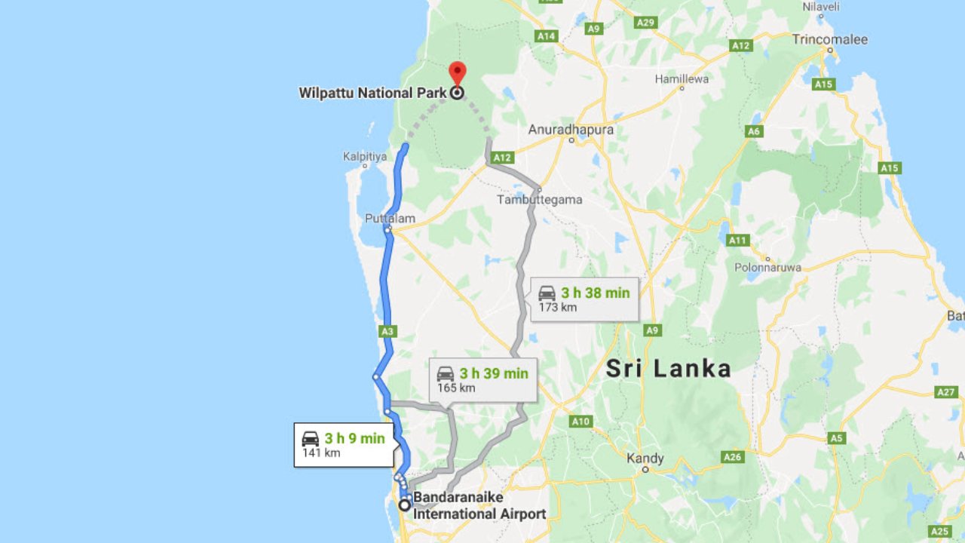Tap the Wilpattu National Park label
[373, 94]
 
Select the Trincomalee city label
[829, 39]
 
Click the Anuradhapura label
[571, 130]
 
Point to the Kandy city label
[645, 458]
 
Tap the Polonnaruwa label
[767, 268]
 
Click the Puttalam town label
[390, 219]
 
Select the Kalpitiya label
[364, 156]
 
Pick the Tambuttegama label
[540, 200]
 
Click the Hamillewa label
[682, 78]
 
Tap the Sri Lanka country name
[669, 369]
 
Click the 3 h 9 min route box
[344, 445]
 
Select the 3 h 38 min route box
[584, 299]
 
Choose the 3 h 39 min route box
[483, 379]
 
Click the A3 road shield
[388, 331]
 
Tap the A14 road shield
[546, 35]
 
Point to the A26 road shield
[732, 457]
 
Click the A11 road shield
[737, 241]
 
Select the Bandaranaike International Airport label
[479, 506]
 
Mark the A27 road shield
[945, 392]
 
